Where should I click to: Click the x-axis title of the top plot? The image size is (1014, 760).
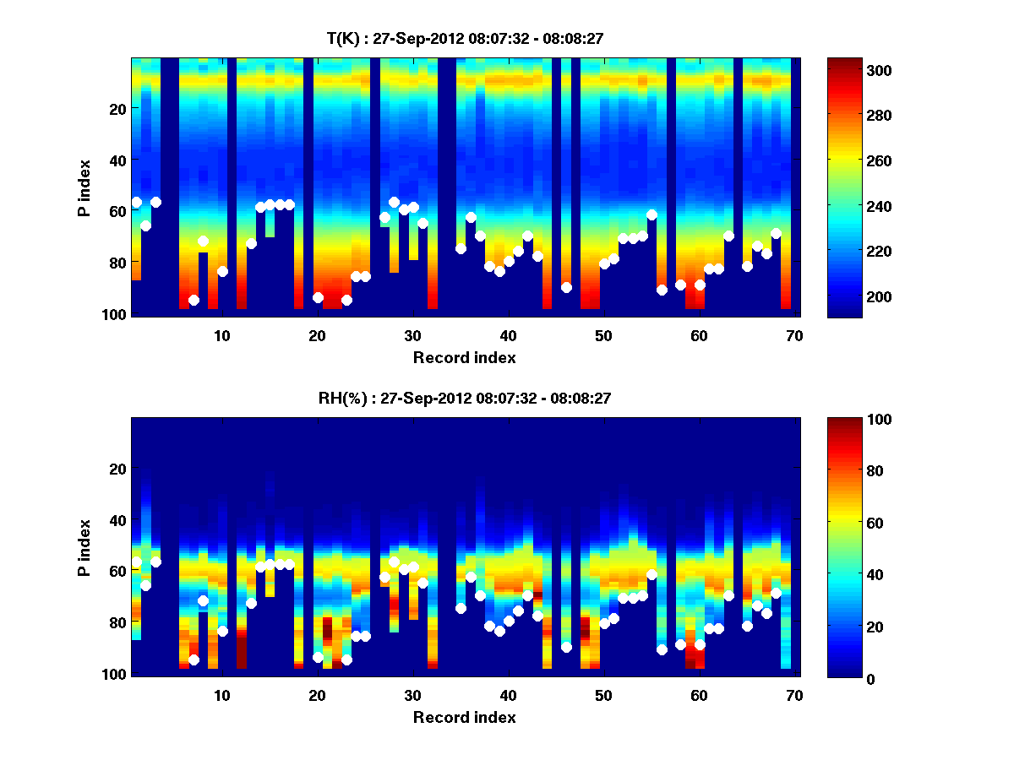464,357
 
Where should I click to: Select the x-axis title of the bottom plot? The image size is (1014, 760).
464,717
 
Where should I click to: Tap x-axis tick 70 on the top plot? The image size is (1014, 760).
794,335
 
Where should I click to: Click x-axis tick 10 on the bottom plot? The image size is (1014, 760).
222,695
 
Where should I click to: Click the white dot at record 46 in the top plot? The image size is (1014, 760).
566,287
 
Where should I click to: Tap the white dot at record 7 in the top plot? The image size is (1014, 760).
194,300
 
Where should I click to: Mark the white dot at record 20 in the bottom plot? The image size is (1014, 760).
318,657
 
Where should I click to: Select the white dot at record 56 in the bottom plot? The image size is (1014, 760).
662,649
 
